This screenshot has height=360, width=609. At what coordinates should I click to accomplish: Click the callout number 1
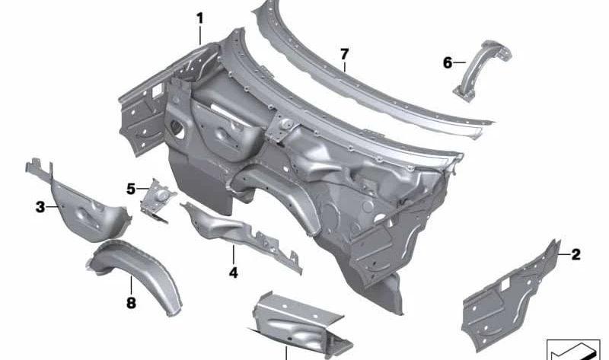[199, 18]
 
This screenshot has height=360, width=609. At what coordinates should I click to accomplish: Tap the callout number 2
[576, 254]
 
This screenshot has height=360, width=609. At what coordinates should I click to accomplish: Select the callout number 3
[40, 207]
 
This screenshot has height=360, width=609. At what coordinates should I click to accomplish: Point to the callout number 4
[233, 272]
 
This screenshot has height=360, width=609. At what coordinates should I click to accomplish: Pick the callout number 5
[131, 189]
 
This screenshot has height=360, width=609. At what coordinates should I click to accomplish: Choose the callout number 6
[448, 62]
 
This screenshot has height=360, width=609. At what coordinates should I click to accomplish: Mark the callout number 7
[344, 54]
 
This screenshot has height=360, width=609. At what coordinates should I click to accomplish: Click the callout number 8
[131, 302]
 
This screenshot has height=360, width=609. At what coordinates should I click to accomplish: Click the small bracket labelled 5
[158, 200]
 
